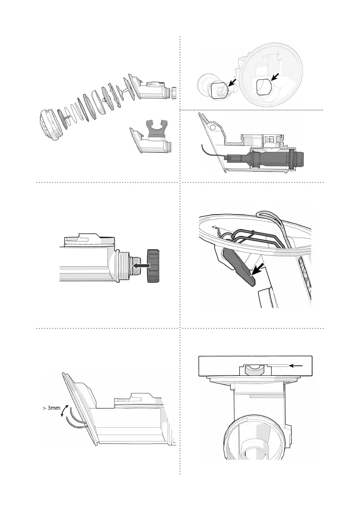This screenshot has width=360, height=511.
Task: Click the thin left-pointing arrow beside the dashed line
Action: [x=296, y=365]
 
